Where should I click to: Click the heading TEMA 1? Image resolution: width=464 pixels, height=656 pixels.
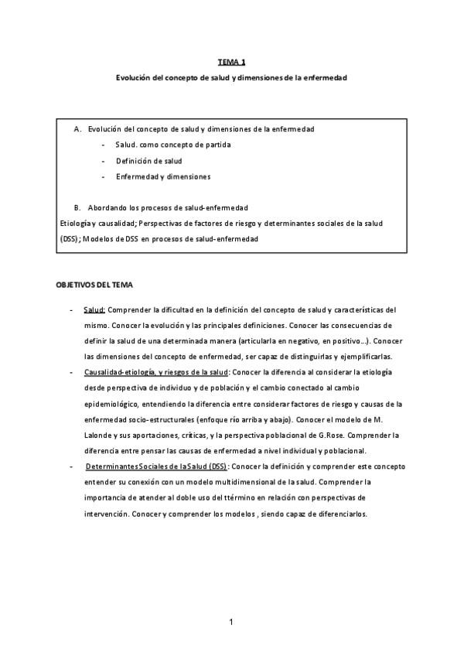click(231, 62)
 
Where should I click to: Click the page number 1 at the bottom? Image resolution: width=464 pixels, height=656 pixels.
click(230, 621)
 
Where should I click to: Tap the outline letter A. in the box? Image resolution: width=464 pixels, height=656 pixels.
click(78, 128)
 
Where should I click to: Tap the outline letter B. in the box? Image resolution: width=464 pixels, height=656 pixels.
click(78, 207)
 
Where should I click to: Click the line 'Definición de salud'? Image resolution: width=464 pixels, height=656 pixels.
click(149, 160)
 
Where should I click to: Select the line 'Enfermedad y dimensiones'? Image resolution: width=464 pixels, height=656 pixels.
click(163, 176)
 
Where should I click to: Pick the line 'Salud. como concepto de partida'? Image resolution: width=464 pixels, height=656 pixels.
click(173, 145)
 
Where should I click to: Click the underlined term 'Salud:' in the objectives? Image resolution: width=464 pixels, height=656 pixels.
click(95, 309)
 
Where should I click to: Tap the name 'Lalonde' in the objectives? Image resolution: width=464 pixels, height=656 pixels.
click(98, 435)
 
